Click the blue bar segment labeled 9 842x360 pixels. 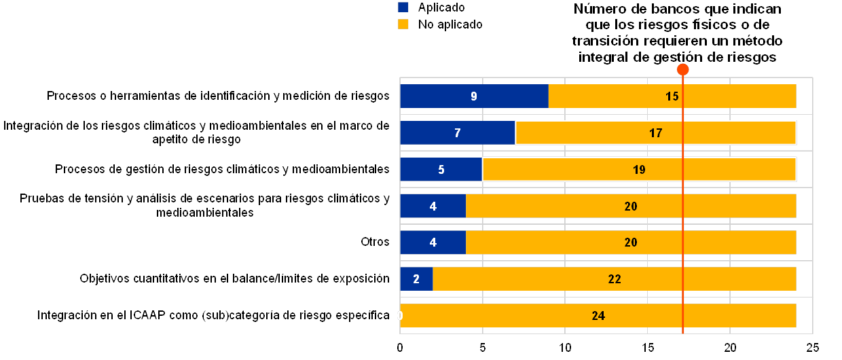pyautogui.click(x=474, y=96)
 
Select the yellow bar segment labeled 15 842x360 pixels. pyautogui.click(x=672, y=96)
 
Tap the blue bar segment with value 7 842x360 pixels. pyautogui.click(x=458, y=133)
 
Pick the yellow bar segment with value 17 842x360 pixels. pyautogui.click(x=655, y=133)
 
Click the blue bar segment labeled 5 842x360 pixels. pyautogui.click(x=441, y=170)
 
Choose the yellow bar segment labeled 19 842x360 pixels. pyautogui.click(x=639, y=170)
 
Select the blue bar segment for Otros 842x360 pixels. pyautogui.click(x=433, y=242)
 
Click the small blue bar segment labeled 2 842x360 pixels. pyautogui.click(x=416, y=278)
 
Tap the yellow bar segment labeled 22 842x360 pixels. pyautogui.click(x=615, y=278)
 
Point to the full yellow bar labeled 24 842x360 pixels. pyautogui.click(x=598, y=315)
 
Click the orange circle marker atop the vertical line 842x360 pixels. pyautogui.click(x=683, y=69)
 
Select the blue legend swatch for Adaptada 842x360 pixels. pyautogui.click(x=403, y=7)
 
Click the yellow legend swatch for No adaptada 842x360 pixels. pyautogui.click(x=403, y=24)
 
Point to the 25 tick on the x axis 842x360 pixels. pyautogui.click(x=813, y=348)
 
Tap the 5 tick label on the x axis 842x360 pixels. pyautogui.click(x=483, y=348)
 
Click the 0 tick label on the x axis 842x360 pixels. pyautogui.click(x=401, y=348)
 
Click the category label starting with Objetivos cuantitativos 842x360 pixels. pyautogui.click(x=234, y=278)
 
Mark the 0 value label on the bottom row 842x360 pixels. pyautogui.click(x=400, y=315)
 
